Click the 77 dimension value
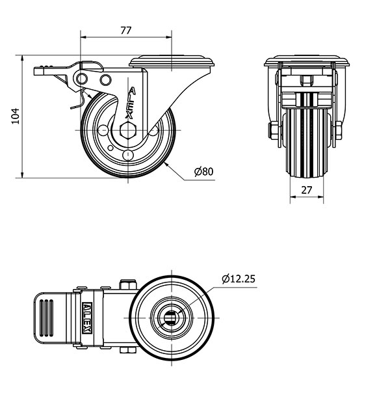pyautogui.click(x=126, y=31)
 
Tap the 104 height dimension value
pyautogui.click(x=16, y=116)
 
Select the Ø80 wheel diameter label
pyautogui.click(x=204, y=171)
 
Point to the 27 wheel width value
pyautogui.click(x=307, y=190)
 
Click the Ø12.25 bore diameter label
pyautogui.click(x=239, y=279)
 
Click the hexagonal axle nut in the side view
pyautogui.click(x=128, y=130)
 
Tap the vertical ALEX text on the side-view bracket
pyautogui.click(x=130, y=103)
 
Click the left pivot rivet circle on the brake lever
pyautogui.click(x=82, y=79)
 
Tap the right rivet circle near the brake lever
pyautogui.click(x=105, y=80)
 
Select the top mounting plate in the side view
pyautogui.click(x=172, y=61)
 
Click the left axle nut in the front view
pyautogui.click(x=274, y=130)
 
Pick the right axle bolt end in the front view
pyautogui.click(x=339, y=130)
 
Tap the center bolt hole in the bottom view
pyautogui.click(x=172, y=318)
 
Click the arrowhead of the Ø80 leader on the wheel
pyautogui.click(x=166, y=164)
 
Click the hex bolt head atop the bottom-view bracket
pyautogui.click(x=128, y=284)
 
